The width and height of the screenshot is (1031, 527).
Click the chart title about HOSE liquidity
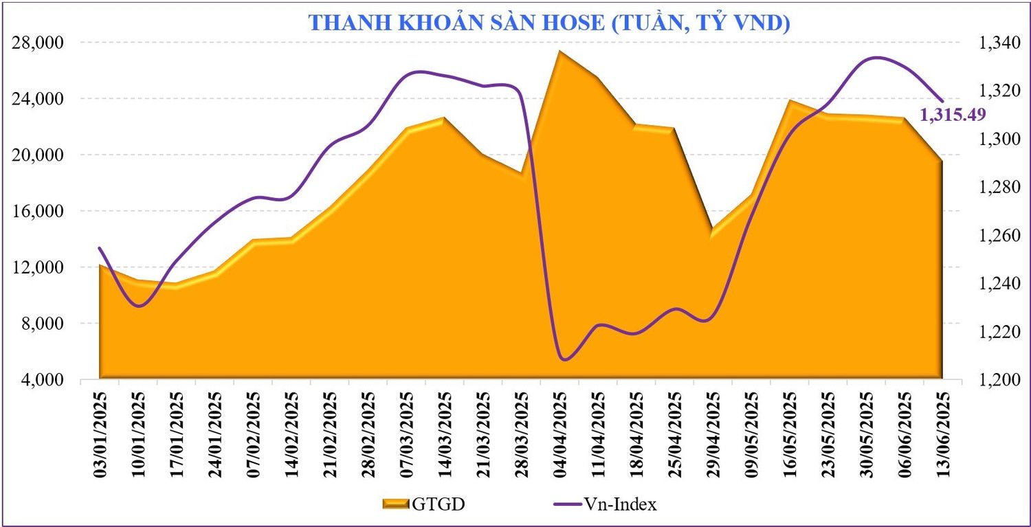549,22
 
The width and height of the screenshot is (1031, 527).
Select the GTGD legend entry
424,505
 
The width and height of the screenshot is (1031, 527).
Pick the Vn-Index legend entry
604,505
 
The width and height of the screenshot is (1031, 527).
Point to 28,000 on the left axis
39,43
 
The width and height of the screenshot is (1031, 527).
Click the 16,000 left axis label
39,211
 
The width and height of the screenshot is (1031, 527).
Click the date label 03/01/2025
100,433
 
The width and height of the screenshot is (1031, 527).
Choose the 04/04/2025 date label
561,433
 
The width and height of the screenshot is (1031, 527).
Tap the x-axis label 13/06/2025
942,433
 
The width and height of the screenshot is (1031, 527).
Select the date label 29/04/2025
713,433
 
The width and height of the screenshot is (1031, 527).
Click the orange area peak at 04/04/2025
561,52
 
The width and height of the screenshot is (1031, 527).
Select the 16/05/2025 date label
790,433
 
